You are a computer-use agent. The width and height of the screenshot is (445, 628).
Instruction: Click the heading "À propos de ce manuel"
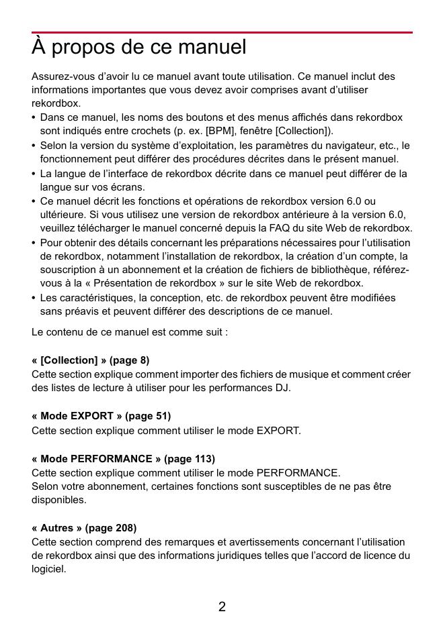[139, 48]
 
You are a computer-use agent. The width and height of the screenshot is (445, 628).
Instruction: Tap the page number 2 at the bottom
[222, 607]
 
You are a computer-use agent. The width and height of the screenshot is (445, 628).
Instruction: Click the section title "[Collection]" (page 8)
[90, 360]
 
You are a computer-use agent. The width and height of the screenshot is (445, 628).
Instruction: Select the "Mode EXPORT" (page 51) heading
[101, 416]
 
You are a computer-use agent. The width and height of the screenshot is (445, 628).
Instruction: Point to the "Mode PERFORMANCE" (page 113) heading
[123, 459]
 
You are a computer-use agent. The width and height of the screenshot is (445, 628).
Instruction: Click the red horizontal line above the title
[222, 32]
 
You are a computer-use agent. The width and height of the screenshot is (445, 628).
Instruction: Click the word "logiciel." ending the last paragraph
[49, 570]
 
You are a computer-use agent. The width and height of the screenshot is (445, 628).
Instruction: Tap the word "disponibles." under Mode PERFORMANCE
[59, 500]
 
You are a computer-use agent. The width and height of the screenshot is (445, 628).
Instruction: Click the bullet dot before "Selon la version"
[34, 146]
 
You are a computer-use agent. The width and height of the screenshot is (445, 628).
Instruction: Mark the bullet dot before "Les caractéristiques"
[34, 298]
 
